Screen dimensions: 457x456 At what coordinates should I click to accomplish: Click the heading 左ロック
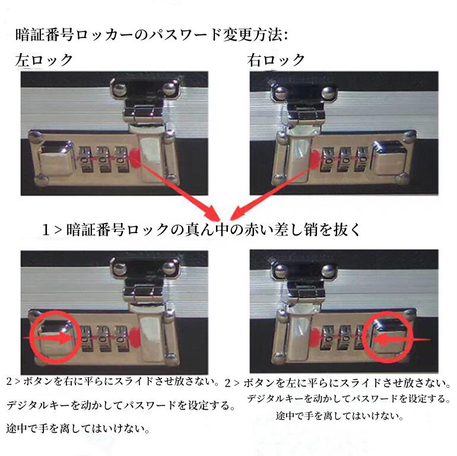pos(44,60)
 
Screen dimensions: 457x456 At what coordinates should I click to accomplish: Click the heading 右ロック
pos(276,60)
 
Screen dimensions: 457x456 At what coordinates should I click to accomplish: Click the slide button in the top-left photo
pos(56,158)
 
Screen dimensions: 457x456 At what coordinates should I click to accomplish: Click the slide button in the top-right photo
pos(389,158)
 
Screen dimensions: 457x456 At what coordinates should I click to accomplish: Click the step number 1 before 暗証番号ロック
pos(46,229)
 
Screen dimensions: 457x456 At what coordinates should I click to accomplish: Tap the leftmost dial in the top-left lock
pos(86,159)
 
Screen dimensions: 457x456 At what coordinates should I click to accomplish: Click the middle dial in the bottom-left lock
pos(103,339)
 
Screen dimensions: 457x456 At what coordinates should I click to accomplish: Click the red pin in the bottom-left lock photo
pos(135,338)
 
